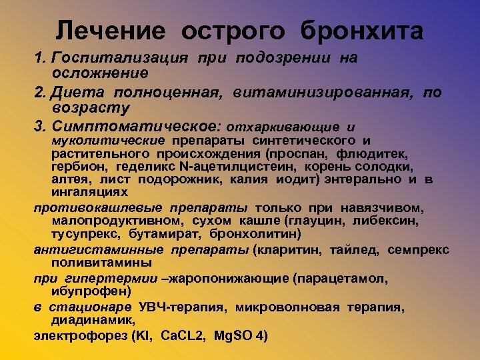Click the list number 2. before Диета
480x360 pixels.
[x=39, y=93]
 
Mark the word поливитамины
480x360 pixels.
[x=93, y=263]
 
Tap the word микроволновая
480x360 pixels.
[x=299, y=307]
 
